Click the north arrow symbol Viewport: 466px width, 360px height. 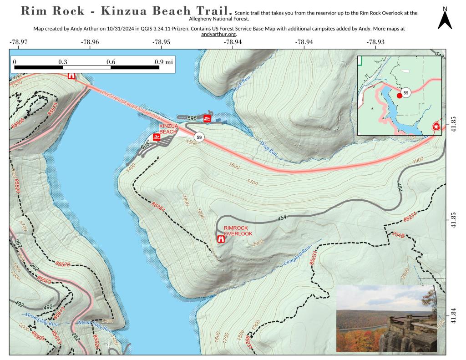click(x=445, y=20)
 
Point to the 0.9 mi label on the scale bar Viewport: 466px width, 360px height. click(x=163, y=62)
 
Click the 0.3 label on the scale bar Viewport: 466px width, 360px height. click(x=62, y=62)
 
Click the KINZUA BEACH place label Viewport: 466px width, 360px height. click(x=167, y=129)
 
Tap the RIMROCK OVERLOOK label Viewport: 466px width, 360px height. click(x=238, y=231)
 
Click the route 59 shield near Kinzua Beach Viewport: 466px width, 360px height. click(x=198, y=137)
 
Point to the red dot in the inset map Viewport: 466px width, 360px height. click(x=400, y=96)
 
